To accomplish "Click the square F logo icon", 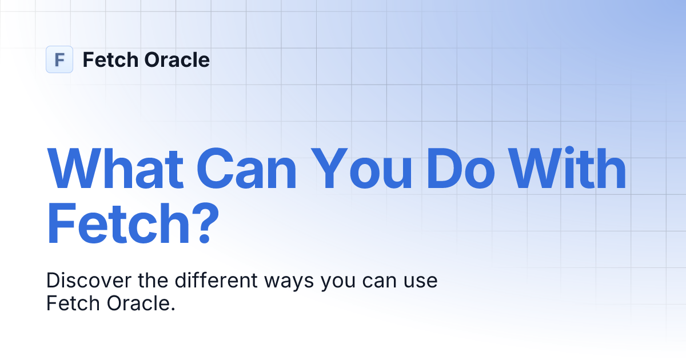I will point(59,59).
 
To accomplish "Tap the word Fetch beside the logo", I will point(109,59).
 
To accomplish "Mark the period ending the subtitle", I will point(172,309).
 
